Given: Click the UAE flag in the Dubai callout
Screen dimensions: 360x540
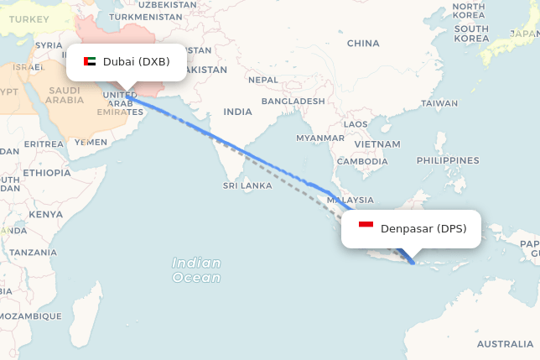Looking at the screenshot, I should [90, 61].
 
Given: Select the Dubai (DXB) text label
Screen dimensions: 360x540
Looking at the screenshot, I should [136, 61].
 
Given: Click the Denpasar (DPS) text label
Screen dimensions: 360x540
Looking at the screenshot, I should [423, 228].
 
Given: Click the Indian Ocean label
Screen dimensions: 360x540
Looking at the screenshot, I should [196, 270].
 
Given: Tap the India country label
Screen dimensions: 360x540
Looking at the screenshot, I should [237, 112].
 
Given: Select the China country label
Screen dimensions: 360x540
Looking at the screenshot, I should [362, 43].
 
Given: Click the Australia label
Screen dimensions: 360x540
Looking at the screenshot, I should [504, 344].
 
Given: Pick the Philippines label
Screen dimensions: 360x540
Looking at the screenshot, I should [447, 159].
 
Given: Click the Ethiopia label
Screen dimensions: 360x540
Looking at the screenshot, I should [47, 173].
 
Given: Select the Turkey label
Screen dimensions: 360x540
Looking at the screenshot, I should [28, 18].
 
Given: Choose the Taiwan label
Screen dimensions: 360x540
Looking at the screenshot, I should [439, 104].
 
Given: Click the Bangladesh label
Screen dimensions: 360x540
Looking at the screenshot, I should [293, 101].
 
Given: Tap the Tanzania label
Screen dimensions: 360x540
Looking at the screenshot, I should [34, 252].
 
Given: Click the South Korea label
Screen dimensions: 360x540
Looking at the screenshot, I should [471, 33].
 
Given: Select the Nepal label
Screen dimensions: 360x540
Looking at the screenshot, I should [262, 80].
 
